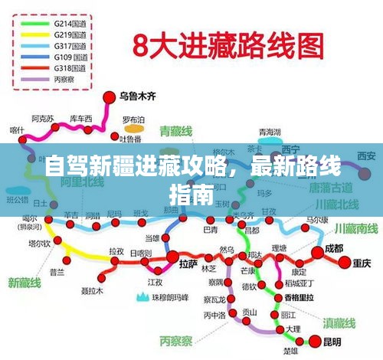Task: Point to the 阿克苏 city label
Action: [42, 119]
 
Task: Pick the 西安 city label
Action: [365, 157]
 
